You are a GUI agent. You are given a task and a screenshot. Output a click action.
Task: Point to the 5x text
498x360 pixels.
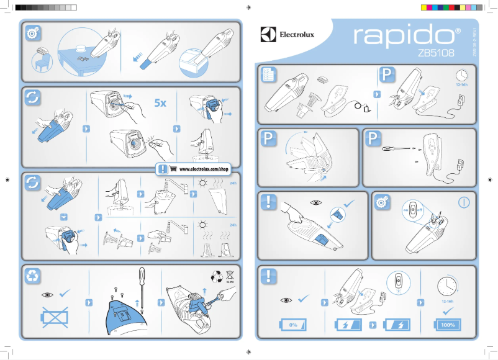161,103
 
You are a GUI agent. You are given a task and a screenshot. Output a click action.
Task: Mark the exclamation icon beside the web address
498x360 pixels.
162,169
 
